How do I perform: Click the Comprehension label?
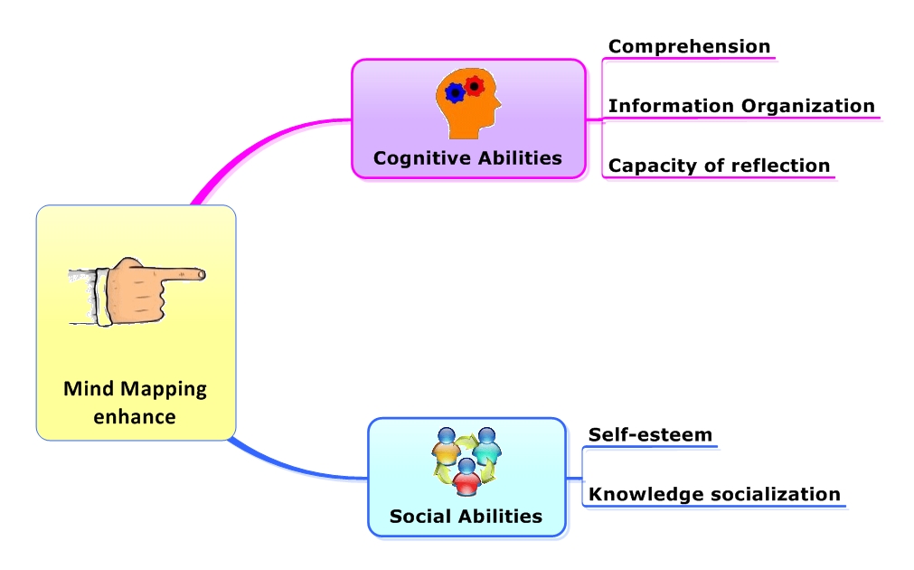tap(689, 46)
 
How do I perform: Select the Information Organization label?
tap(741, 106)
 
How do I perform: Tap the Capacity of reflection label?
tap(719, 166)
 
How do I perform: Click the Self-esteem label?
tap(650, 434)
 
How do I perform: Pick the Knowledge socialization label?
tap(714, 494)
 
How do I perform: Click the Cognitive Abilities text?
tap(467, 158)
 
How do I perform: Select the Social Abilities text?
tap(466, 517)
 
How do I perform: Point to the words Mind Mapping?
tap(135, 389)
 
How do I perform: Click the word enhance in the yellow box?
tap(135, 417)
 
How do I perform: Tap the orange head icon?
tap(468, 104)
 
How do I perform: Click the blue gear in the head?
tap(456, 92)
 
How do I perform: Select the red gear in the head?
tap(475, 87)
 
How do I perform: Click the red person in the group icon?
tap(466, 479)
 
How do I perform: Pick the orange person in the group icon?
tap(446, 446)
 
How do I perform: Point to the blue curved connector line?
tap(289, 467)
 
